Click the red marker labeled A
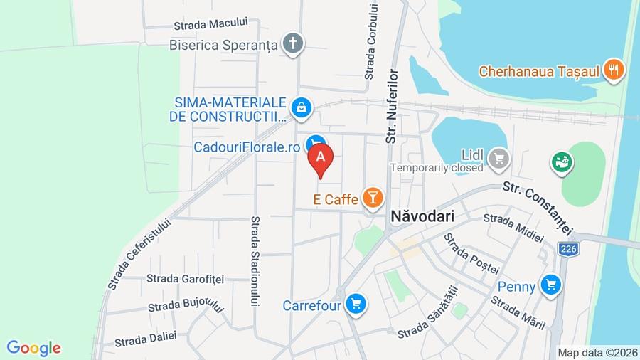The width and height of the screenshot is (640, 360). [x=321, y=158]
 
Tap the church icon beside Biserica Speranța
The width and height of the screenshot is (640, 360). [x=292, y=44]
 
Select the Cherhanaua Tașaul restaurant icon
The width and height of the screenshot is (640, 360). [x=613, y=70]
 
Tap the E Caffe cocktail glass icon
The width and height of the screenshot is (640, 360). [x=373, y=198]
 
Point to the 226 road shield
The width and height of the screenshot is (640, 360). [x=567, y=249]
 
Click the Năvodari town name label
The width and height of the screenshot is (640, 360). [x=422, y=215]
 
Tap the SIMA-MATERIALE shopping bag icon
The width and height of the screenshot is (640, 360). [x=302, y=108]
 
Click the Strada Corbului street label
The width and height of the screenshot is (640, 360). [x=372, y=41]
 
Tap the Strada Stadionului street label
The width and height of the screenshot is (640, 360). [x=255, y=261]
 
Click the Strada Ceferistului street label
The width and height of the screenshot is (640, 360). [x=140, y=253]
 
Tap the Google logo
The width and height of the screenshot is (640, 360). [x=33, y=348]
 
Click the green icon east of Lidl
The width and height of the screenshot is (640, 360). [x=562, y=162]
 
